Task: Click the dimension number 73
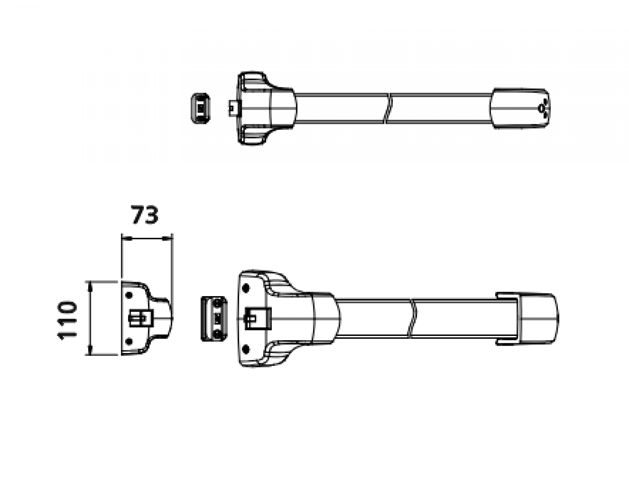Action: point(145,215)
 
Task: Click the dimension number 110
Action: point(67,320)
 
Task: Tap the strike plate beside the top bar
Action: point(201,108)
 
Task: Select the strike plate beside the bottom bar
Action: point(214,318)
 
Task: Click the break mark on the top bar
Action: point(388,108)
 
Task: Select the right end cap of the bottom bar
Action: point(538,319)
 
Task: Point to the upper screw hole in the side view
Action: point(129,295)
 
